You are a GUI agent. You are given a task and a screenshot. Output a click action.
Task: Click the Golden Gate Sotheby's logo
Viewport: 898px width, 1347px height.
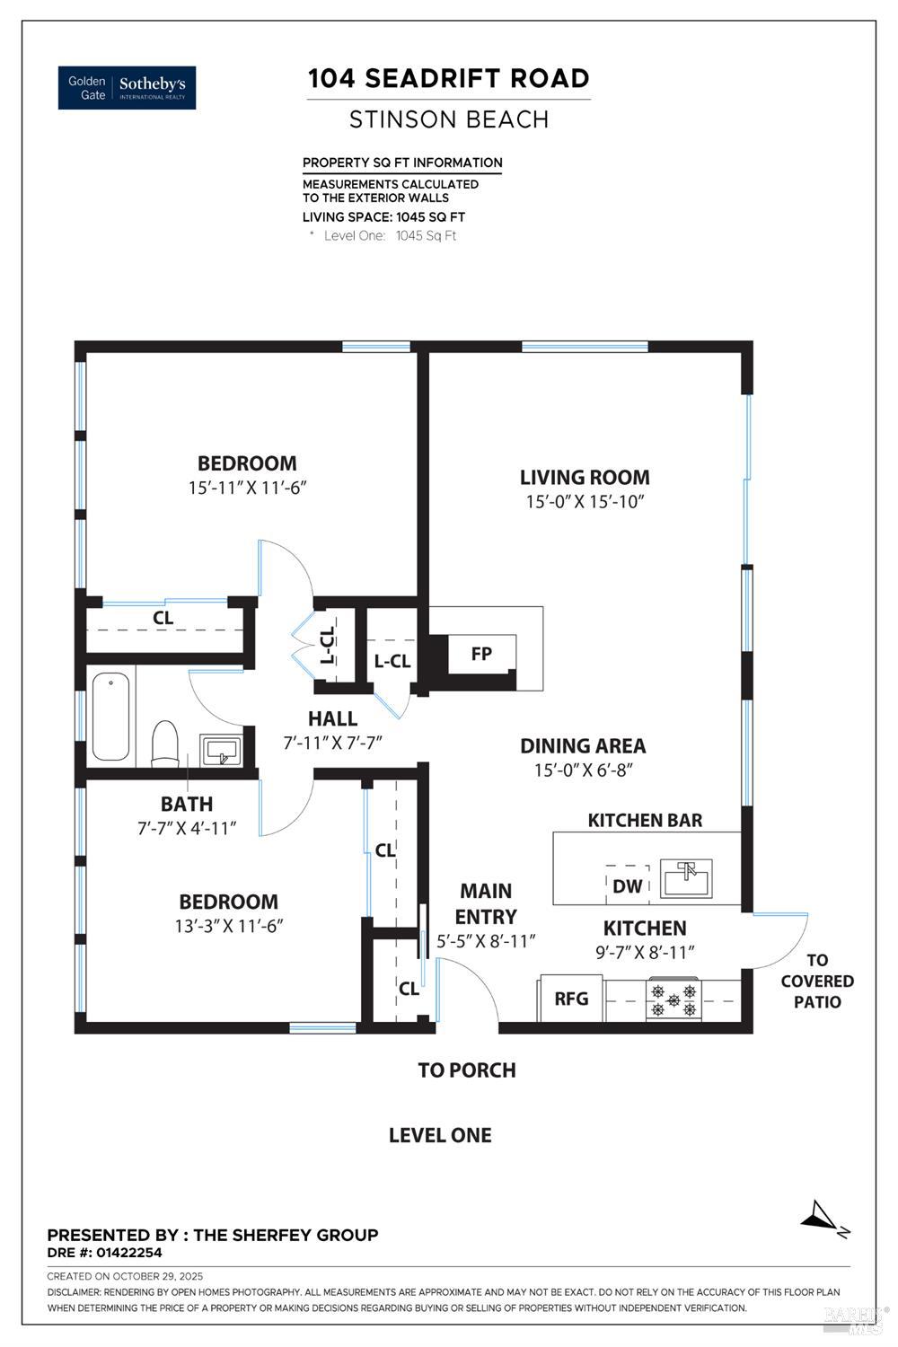point(127,88)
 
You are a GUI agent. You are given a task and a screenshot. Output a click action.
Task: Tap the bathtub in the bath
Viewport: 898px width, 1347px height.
point(110,717)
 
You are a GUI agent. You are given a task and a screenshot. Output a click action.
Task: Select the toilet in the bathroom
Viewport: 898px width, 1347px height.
point(165,744)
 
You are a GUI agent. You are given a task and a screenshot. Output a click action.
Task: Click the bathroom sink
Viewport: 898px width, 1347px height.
point(221,750)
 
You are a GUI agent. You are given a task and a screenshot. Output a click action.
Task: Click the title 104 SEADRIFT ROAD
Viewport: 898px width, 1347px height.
point(449,79)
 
